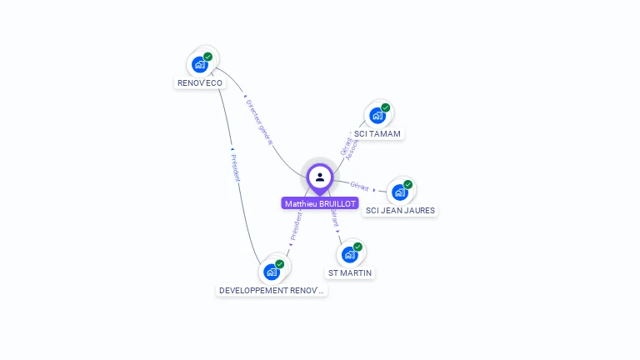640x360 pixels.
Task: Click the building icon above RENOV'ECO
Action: [x=200, y=63]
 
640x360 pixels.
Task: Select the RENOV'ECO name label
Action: [x=200, y=83]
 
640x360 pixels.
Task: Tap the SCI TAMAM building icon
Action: [x=377, y=115]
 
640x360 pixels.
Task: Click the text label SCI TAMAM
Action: [x=377, y=134]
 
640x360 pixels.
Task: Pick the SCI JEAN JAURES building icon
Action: [x=400, y=192]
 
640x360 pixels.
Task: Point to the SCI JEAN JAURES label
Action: [x=401, y=211]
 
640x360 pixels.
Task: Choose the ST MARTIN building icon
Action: [x=350, y=254]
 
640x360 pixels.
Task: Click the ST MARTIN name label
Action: [x=350, y=273]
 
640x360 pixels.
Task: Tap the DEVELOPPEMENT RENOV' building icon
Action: [x=272, y=272]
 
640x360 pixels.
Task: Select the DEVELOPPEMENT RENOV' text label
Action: [x=272, y=291]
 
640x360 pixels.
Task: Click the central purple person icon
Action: [x=320, y=177]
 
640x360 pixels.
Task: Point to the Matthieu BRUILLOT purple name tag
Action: [x=320, y=204]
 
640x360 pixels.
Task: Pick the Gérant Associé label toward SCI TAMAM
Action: [x=349, y=147]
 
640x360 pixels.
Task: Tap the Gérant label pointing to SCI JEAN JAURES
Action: [x=360, y=186]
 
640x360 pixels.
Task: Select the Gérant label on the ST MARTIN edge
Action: [x=334, y=219]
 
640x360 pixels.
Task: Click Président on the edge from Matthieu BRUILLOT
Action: [x=296, y=226]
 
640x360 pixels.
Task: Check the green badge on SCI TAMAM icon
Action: [x=386, y=107]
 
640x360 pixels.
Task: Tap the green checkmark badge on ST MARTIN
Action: [x=358, y=247]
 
